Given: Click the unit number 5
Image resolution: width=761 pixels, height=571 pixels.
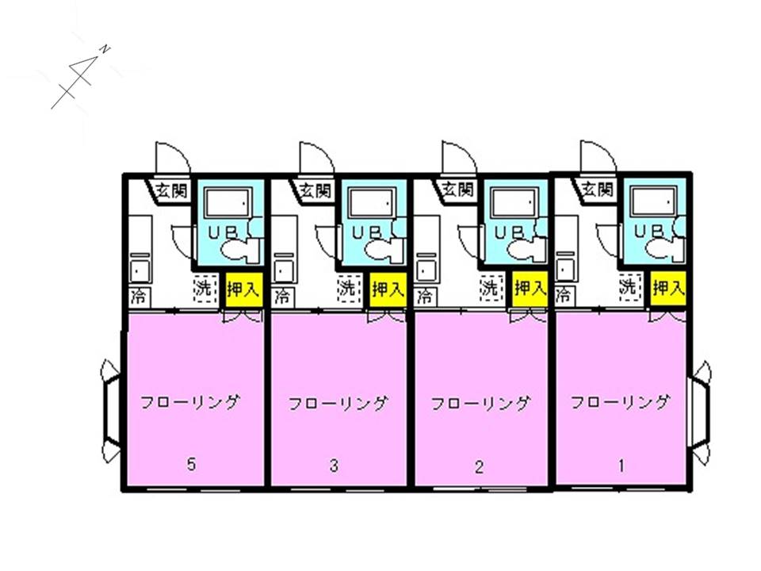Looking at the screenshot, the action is [x=192, y=464].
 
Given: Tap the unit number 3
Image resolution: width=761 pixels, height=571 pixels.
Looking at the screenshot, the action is [x=334, y=466].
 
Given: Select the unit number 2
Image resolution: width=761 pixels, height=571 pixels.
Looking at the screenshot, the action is [x=479, y=467].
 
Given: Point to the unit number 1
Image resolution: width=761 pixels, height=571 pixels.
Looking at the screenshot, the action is [x=621, y=466].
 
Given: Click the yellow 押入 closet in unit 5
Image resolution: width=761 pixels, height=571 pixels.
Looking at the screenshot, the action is [x=244, y=290].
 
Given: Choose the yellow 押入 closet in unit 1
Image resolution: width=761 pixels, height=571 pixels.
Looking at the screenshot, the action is [x=668, y=289].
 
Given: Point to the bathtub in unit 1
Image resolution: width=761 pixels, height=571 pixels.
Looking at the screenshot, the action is [x=652, y=201].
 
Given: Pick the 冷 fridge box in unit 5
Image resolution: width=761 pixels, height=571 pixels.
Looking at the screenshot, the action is [x=140, y=296].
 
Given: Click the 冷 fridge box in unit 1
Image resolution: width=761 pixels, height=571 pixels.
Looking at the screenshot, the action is [x=564, y=294].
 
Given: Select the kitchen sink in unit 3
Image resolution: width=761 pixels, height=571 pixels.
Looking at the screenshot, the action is [x=284, y=269].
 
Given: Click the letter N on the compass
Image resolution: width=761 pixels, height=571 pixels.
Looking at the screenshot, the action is [x=105, y=49].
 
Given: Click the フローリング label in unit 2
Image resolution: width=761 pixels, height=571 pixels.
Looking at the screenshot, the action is [x=480, y=404].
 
